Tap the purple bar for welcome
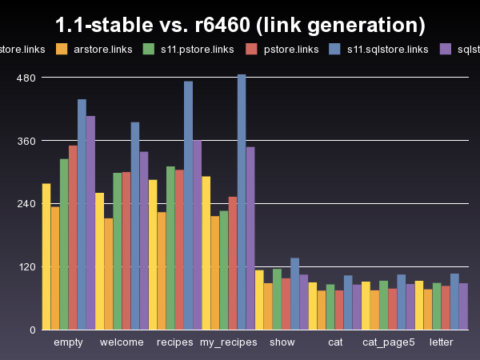pos(144,240)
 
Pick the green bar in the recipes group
pos(170,248)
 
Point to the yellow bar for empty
pos(46,256)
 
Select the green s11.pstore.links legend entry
pos(190,50)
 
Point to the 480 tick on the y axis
pos(27,78)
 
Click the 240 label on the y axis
pos(27,203)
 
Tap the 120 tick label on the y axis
pos(27,266)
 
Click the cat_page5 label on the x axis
pos(389,342)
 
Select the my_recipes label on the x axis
pos(228,342)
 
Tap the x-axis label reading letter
pos(442,342)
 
